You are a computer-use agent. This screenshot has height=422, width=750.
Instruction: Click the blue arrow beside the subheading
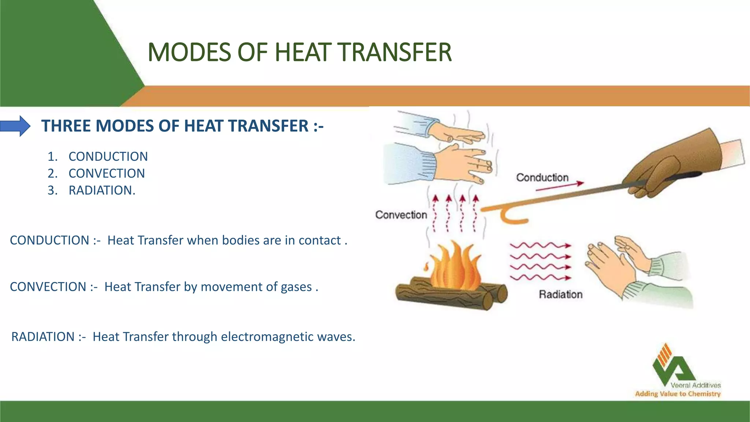15,126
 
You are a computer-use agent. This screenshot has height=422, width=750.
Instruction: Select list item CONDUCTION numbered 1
108,156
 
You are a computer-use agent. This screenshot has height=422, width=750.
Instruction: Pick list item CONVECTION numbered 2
107,173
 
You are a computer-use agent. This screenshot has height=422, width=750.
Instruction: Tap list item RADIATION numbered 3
102,190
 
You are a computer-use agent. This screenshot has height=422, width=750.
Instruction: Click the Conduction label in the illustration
542,178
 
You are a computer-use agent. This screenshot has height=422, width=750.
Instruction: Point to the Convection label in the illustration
401,215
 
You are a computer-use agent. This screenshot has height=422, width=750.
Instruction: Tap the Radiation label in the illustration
560,294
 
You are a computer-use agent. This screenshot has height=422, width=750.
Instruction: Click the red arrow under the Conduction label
559,186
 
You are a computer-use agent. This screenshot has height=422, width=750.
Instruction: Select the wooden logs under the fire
450,295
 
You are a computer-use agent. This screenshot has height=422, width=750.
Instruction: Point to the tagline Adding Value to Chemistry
677,394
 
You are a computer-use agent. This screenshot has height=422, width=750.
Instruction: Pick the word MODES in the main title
189,52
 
